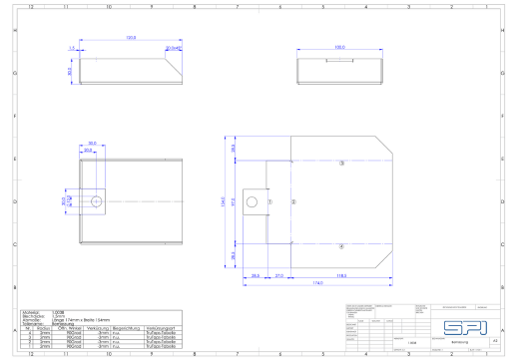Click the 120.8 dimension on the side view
click(x=130, y=38)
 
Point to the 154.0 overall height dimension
click(x=224, y=202)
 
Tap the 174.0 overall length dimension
click(x=317, y=283)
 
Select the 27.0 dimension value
click(x=278, y=274)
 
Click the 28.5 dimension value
click(x=255, y=274)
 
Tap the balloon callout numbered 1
click(x=268, y=201)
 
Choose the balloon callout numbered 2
click(x=294, y=201)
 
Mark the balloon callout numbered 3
click(x=341, y=162)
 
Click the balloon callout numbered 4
click(x=341, y=245)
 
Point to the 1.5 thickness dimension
click(x=72, y=47)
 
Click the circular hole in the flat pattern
click(x=96, y=201)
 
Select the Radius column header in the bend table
click(x=45, y=327)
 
